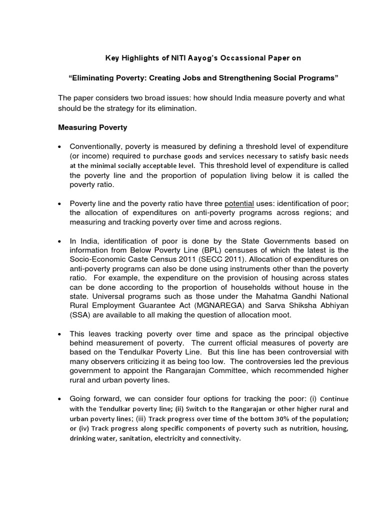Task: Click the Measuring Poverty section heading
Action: [x=93, y=127]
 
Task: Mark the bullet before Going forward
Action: [x=60, y=398]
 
